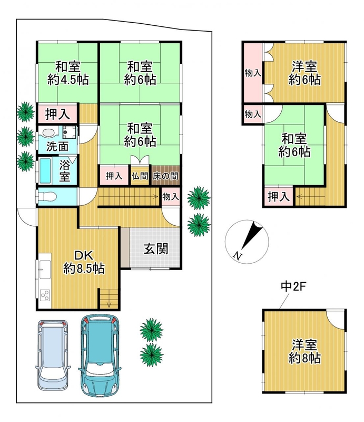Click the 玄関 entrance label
[156, 248]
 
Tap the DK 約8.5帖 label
[84, 262]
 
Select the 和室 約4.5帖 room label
[68, 73]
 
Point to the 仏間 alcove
[140, 176]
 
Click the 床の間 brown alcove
[165, 176]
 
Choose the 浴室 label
[65, 170]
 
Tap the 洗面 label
[57, 147]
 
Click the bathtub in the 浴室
[45, 170]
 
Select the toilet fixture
[46, 196]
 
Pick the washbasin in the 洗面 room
[48, 133]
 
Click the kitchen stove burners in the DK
[45, 295]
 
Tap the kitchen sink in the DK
[45, 270]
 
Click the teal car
[100, 356]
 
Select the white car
[53, 355]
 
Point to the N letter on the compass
[237, 255]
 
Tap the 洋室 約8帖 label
[304, 352]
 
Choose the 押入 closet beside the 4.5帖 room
[57, 114]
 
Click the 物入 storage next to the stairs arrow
[171, 196]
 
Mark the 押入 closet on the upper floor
[279, 196]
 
